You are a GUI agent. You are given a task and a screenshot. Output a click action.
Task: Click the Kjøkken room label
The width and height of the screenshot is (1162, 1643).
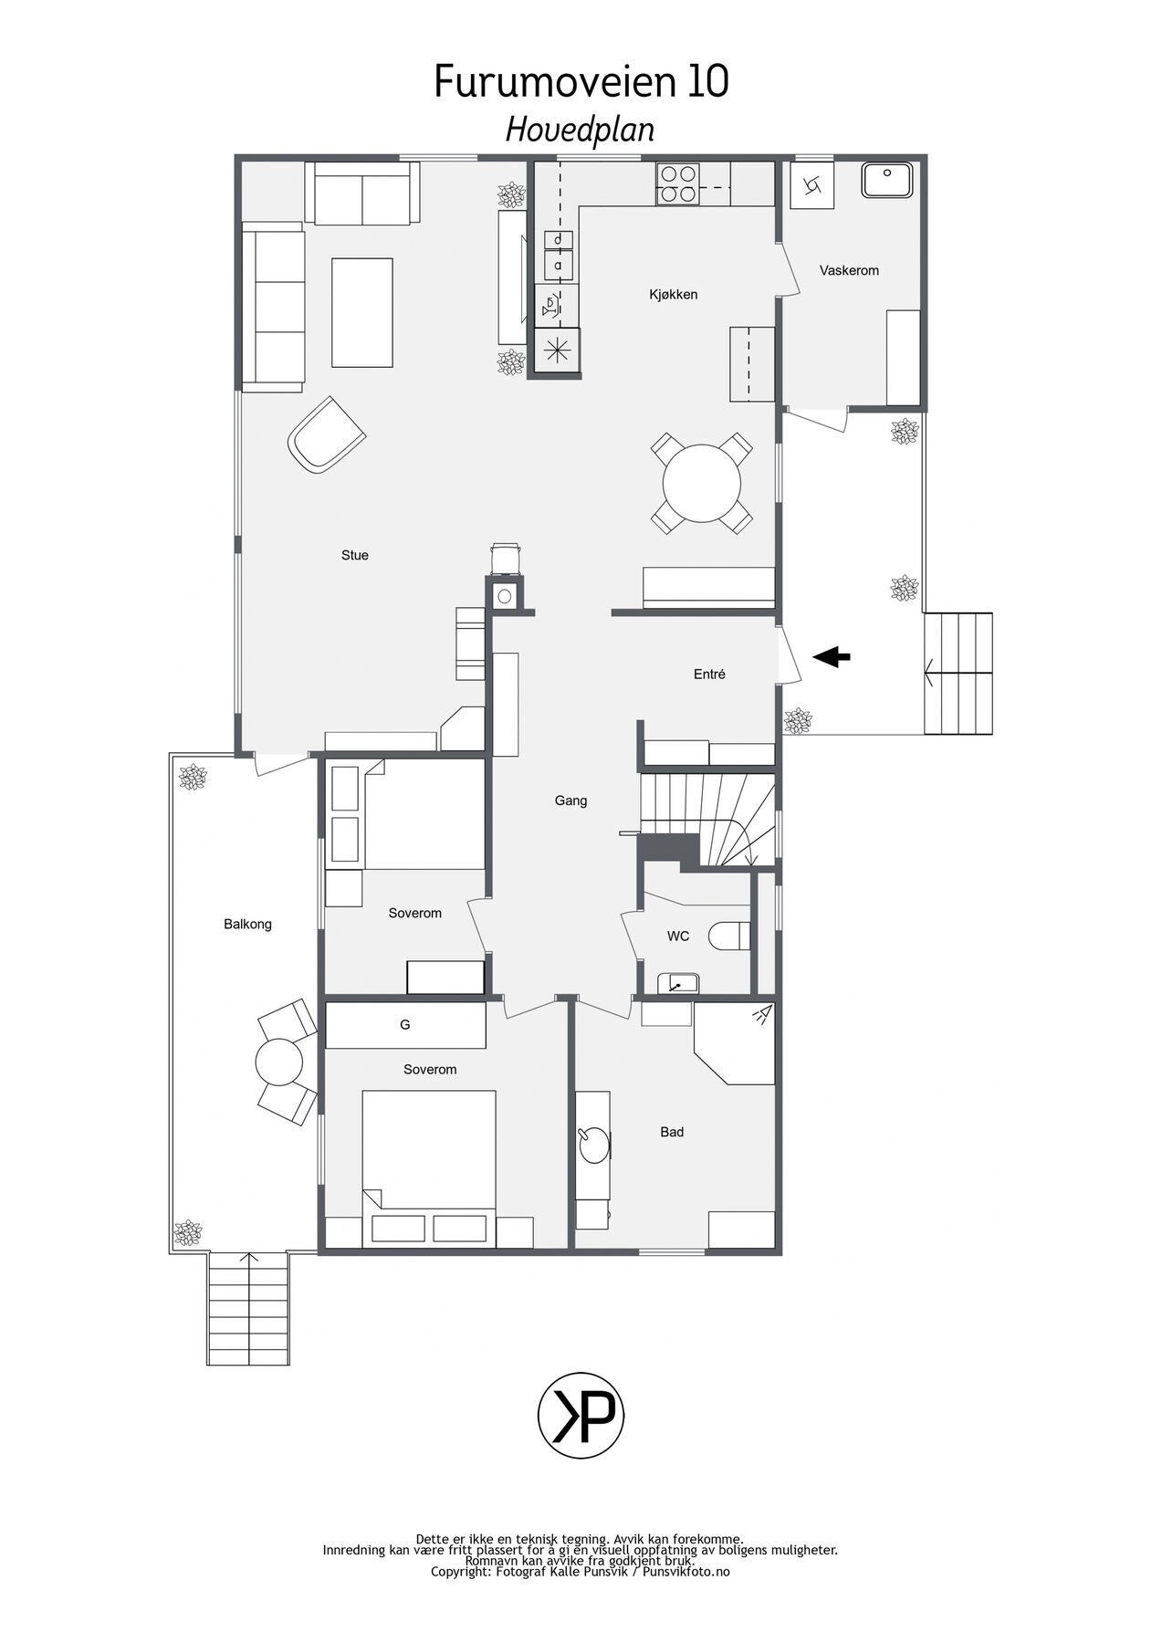click(x=673, y=294)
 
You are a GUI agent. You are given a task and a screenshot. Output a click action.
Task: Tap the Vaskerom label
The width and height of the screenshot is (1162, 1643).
click(x=848, y=270)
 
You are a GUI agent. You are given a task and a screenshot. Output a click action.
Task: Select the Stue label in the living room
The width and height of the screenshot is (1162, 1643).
click(x=354, y=555)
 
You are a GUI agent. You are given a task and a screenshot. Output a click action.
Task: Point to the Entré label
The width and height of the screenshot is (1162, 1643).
click(x=709, y=675)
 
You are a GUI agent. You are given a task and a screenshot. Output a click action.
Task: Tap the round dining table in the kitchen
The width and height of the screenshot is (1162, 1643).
click(x=701, y=482)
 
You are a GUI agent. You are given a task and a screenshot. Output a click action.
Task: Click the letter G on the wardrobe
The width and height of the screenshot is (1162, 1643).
click(x=404, y=1025)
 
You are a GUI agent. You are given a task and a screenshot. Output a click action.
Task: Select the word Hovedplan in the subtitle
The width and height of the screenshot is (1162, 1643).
click(x=580, y=130)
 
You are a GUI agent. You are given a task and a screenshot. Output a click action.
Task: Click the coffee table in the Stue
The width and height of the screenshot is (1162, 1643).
click(x=362, y=312)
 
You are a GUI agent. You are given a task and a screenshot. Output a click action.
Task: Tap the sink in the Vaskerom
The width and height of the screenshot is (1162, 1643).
click(x=886, y=180)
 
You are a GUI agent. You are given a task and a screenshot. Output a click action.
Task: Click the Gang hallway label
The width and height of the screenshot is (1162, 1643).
click(x=571, y=801)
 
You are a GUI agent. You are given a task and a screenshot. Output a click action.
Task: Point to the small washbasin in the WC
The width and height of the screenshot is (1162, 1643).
click(x=677, y=983)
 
